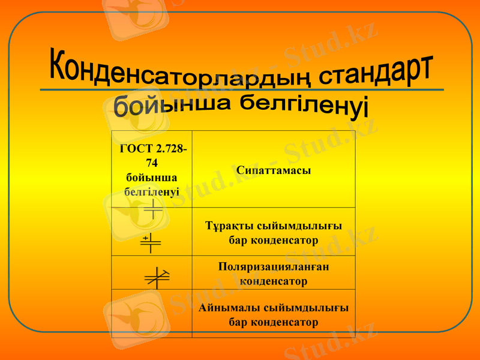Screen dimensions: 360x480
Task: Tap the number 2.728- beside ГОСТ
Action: tap(169, 149)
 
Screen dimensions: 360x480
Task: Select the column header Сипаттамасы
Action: tap(274, 170)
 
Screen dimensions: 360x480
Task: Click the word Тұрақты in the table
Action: tap(226, 226)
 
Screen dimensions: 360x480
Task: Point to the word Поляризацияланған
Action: tap(274, 267)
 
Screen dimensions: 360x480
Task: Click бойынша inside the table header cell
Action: tap(152, 178)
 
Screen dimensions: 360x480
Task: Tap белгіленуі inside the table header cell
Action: tap(152, 192)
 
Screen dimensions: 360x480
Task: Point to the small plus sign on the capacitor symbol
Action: tap(146, 238)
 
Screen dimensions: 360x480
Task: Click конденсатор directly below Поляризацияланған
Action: tap(274, 281)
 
